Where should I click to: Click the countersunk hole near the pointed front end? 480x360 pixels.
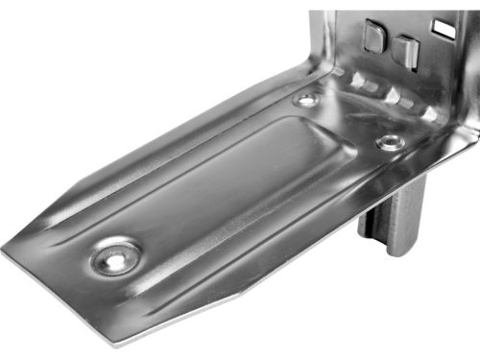116,256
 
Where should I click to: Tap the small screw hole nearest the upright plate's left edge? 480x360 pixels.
307,100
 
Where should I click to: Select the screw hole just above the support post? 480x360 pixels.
388,141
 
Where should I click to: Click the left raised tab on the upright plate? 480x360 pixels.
375,37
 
